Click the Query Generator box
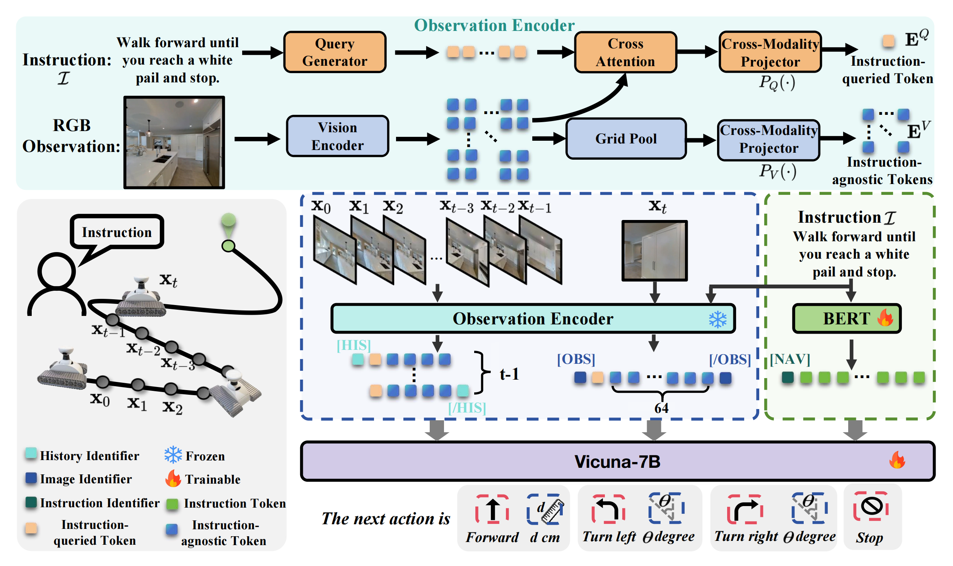(x=335, y=52)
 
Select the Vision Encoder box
(x=338, y=136)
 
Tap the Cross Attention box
(x=625, y=52)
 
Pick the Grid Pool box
(x=626, y=138)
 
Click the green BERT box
(x=847, y=319)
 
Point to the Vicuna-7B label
(x=617, y=462)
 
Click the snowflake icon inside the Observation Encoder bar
(x=718, y=319)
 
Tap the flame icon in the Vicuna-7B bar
(x=897, y=460)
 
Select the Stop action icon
(x=871, y=506)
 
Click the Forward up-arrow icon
(x=492, y=510)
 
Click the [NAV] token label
(x=790, y=359)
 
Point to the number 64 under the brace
(x=661, y=408)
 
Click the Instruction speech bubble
(x=117, y=232)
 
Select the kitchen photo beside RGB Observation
(x=174, y=142)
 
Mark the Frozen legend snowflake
(x=173, y=455)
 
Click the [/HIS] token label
(x=467, y=408)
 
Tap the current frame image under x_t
(x=654, y=251)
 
